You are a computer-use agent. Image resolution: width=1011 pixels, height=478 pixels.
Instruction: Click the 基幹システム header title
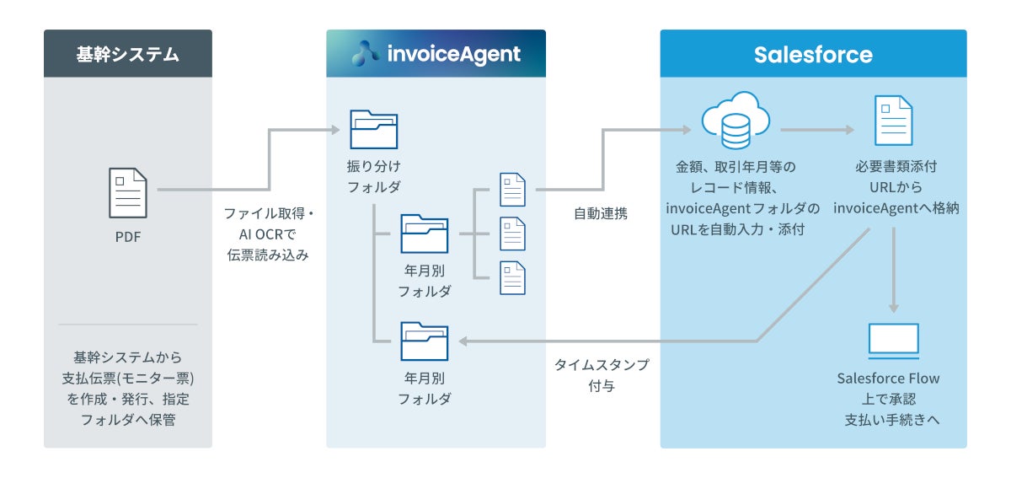[128, 55]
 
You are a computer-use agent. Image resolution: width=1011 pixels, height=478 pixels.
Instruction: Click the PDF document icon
[128, 192]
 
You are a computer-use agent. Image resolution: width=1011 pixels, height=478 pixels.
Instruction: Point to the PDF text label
[128, 237]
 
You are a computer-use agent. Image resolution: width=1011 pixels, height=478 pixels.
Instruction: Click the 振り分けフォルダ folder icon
[373, 129]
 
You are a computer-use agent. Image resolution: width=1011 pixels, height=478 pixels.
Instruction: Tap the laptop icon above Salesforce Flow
[893, 339]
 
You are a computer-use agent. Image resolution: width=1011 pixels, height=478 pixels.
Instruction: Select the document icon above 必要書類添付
[892, 121]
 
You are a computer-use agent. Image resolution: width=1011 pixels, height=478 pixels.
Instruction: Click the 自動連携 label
[600, 214]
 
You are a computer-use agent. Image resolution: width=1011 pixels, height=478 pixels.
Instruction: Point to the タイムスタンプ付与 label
[601, 376]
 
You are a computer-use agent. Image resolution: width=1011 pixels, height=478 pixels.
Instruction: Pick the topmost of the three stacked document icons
[512, 189]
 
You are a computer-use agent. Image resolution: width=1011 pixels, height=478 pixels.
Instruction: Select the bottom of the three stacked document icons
[512, 277]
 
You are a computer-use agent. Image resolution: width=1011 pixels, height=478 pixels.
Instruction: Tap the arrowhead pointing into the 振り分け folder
[334, 130]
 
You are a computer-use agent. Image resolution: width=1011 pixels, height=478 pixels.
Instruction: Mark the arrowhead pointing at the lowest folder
[464, 341]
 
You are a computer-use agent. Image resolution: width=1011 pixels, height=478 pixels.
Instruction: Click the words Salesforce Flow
[888, 379]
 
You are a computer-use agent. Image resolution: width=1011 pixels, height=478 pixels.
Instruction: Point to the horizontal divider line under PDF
[128, 324]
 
